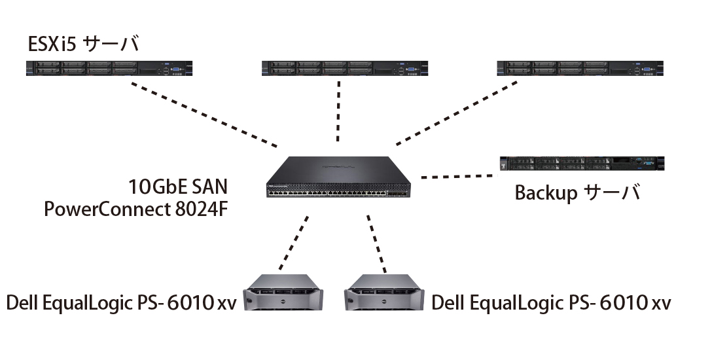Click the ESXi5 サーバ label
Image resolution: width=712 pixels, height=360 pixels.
pyautogui.click(x=83, y=45)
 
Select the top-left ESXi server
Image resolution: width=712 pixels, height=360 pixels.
pyautogui.click(x=108, y=67)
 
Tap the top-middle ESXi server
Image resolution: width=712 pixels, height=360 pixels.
pyautogui.click(x=344, y=67)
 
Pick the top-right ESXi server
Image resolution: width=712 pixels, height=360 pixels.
pyautogui.click(x=579, y=67)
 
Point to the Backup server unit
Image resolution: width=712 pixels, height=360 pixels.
pyautogui.click(x=582, y=164)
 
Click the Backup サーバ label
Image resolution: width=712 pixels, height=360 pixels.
pyautogui.click(x=577, y=194)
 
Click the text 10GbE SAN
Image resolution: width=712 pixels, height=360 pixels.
pyautogui.click(x=179, y=187)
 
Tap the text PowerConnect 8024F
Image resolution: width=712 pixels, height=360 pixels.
pyautogui.click(x=136, y=209)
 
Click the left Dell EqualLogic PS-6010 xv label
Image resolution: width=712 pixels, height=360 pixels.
pyautogui.click(x=122, y=303)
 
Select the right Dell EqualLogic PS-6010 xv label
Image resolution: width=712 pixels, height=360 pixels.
pyautogui.click(x=551, y=303)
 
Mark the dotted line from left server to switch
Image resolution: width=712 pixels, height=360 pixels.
pyautogui.click(x=204, y=113)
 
